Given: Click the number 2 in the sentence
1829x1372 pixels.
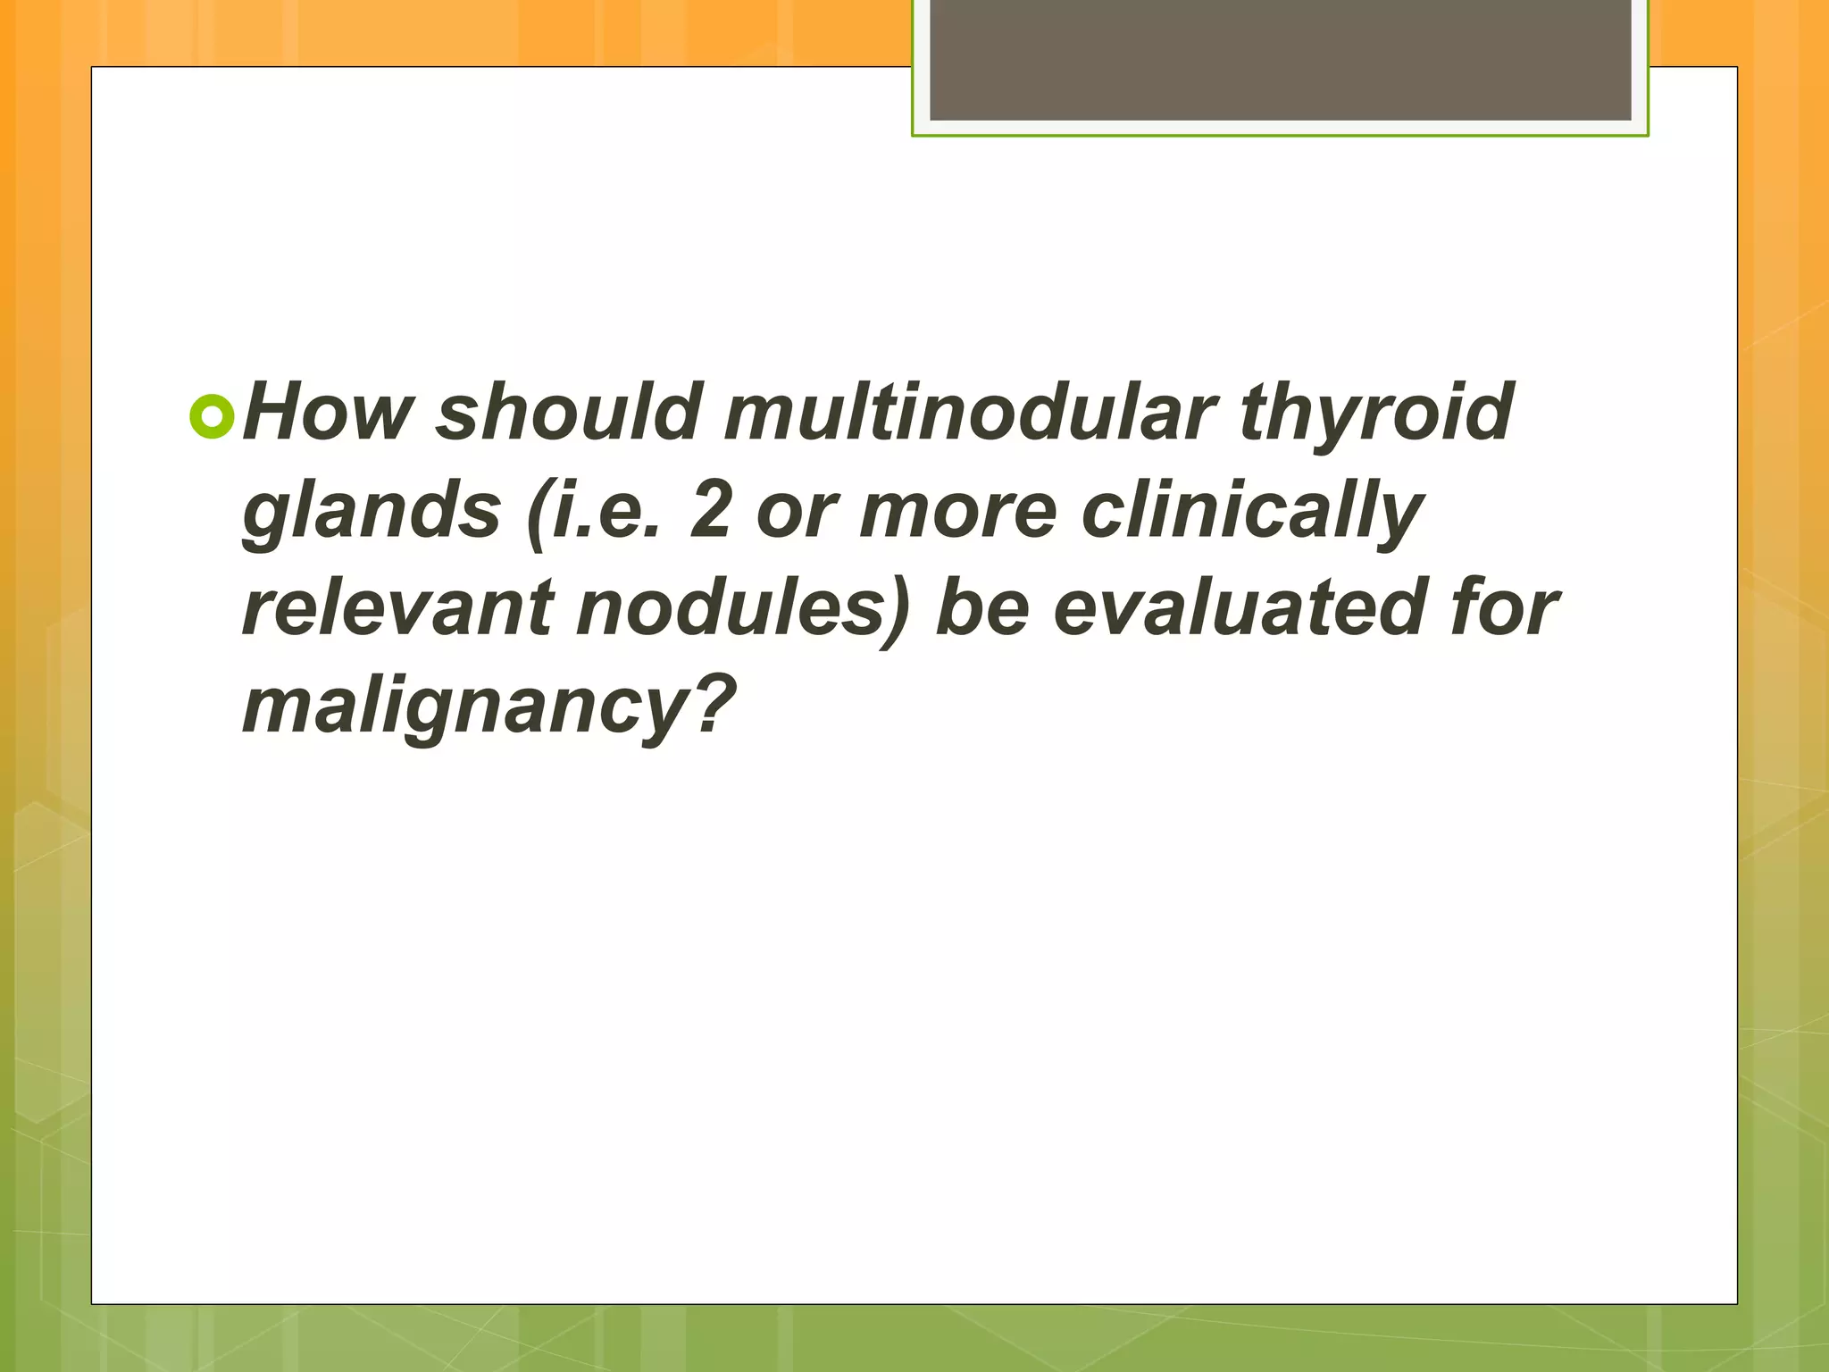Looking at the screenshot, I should [x=710, y=511].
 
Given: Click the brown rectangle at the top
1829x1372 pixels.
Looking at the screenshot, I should [x=1280, y=59].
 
